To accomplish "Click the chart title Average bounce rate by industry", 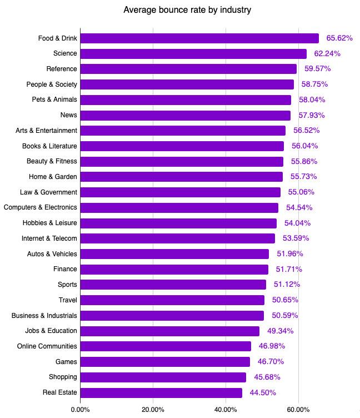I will coord(180,10).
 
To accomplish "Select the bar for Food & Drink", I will coord(199,38).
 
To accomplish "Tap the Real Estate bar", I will coord(161,392).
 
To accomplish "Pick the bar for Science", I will coord(193,54).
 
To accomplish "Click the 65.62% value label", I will coord(339,38).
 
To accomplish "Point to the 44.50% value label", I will coord(263,392).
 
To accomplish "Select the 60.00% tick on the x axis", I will coord(298,410).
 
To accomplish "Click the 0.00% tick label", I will coord(81,410).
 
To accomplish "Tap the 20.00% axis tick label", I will coord(153,410).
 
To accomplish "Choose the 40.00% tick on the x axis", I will coord(226,410).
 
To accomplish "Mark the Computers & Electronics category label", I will coord(41,207).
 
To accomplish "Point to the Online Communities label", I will coord(47,346).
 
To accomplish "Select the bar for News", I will coord(186,115).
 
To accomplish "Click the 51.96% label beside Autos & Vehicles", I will coord(289,254).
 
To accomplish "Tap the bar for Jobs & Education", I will coord(170,331).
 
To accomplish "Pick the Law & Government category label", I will coord(48,192).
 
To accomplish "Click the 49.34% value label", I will coord(280,331).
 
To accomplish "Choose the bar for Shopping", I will coord(163,377).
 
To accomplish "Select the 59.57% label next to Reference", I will coord(317,69).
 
